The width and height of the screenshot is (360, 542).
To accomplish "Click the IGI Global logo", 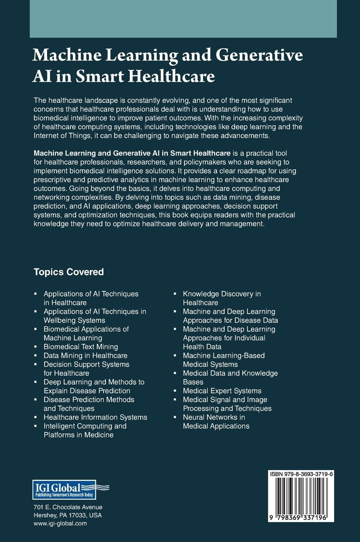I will point(70,490).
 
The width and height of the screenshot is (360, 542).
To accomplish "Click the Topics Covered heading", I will point(68,272).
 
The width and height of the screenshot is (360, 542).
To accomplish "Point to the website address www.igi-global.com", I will point(60,523).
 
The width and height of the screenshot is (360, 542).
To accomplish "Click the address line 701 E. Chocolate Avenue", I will point(68,507).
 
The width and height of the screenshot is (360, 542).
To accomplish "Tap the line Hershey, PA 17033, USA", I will point(68,515).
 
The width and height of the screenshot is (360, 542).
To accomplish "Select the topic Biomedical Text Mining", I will point(81,347).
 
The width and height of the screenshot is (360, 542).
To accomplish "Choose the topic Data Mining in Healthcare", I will point(86,355).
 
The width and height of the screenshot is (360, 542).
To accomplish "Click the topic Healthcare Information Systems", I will point(96,417).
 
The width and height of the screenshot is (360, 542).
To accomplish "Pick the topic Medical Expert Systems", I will point(222,391).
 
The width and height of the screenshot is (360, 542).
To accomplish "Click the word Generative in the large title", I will point(259,55).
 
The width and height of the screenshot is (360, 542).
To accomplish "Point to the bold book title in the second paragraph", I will point(132,153).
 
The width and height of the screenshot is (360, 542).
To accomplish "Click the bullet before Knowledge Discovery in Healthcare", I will point(175,294).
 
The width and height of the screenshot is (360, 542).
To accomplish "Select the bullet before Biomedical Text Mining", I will point(35,347).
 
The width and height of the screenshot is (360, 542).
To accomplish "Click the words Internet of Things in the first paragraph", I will point(60,135).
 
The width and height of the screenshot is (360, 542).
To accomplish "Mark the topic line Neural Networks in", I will point(214,417).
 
